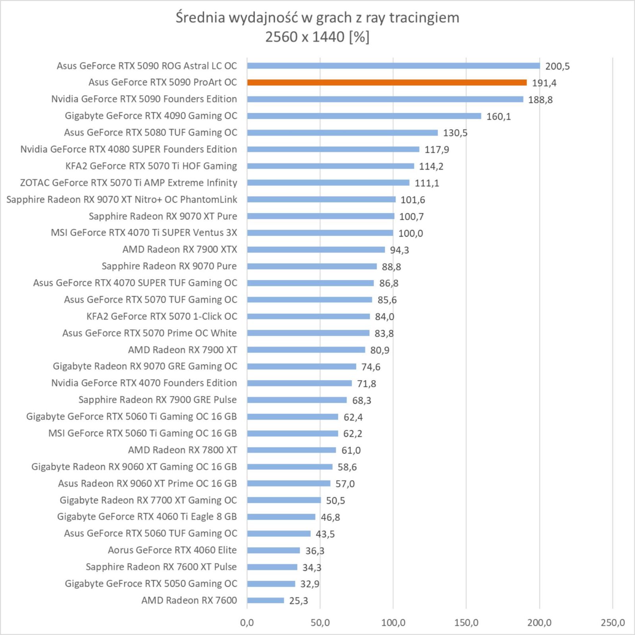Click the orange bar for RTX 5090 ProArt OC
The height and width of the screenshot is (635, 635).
tap(387, 83)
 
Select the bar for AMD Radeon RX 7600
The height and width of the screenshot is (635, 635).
tap(266, 600)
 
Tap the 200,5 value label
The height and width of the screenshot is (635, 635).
tap(557, 66)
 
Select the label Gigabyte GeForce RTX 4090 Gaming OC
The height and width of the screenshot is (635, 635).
tap(151, 116)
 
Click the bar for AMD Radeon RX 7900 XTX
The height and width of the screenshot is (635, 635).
tap(316, 250)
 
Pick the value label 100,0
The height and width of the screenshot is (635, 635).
tap(411, 233)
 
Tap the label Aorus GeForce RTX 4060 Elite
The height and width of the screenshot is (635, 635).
tap(172, 550)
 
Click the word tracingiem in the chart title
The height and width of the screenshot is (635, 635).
tap(424, 18)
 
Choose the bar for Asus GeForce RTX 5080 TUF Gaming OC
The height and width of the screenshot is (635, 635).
tap(343, 133)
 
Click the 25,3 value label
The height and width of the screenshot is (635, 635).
tap(298, 601)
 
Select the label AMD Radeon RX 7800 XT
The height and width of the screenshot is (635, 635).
tap(183, 450)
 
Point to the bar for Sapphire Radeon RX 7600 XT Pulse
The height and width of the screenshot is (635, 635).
tap(272, 567)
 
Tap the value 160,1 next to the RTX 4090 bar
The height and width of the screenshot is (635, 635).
tap(498, 117)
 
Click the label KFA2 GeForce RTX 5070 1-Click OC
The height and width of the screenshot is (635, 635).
tap(162, 316)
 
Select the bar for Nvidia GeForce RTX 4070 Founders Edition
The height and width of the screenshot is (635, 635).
tap(300, 383)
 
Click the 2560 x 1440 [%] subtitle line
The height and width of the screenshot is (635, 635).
tap(317, 37)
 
